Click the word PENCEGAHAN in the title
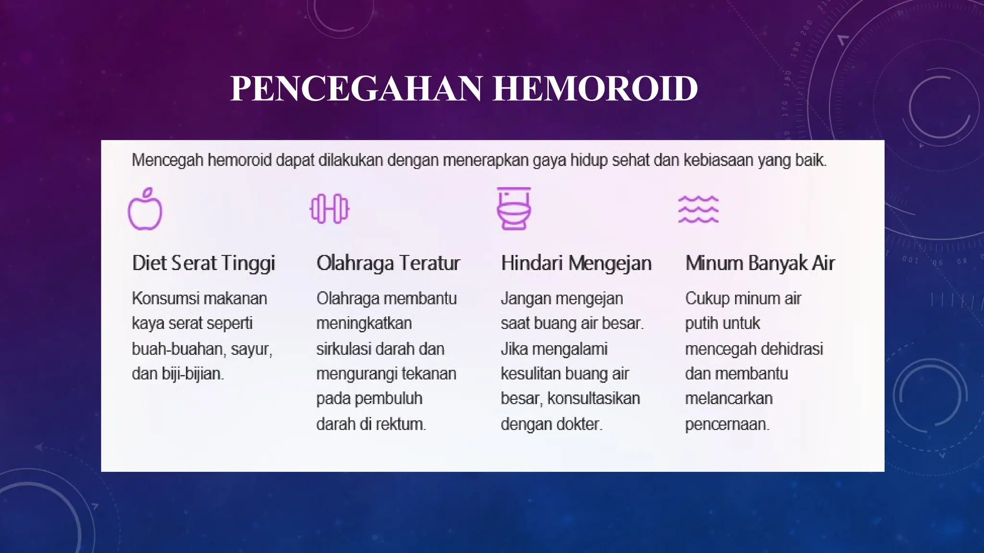tap(356, 89)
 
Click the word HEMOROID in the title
tap(595, 89)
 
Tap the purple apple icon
tap(145, 209)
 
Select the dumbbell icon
tap(330, 209)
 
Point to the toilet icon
tap(514, 209)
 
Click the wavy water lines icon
tap(698, 209)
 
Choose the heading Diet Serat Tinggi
tap(203, 263)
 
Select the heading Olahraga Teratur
tap(388, 263)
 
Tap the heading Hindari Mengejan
tap(576, 263)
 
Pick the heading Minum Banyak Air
tap(760, 263)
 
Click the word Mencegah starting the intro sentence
tap(167, 160)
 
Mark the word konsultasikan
tap(594, 398)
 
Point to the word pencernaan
tap(727, 424)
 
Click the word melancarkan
tap(729, 398)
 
